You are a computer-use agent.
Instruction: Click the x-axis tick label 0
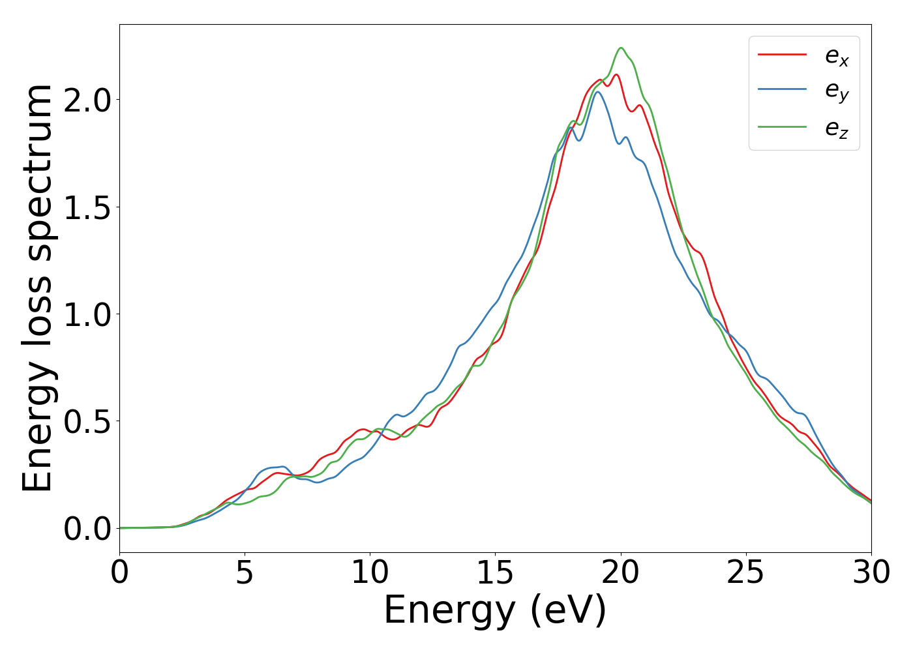pos(119,573)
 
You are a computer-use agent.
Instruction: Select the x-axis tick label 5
pos(245,573)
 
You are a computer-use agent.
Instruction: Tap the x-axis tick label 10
pos(370,573)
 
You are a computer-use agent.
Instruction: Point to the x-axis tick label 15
pos(495,573)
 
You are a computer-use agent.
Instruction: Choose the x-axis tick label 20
pos(620,573)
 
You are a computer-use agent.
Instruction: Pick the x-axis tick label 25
pos(745,573)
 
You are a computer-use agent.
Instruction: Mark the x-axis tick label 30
pos(871,573)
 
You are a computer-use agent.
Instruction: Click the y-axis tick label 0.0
pos(87,529)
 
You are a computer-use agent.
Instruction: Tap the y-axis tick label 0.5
pos(87,422)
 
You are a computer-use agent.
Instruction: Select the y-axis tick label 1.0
pos(87,314)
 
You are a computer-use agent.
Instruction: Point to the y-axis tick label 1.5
pos(87,207)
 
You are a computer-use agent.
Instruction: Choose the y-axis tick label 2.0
pos(87,100)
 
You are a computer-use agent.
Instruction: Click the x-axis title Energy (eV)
pos(495,611)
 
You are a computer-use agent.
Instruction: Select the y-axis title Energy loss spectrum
pos(38,288)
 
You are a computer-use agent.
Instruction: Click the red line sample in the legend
pos(783,55)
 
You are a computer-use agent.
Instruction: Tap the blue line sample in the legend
pos(783,91)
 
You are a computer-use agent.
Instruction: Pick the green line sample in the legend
pos(783,127)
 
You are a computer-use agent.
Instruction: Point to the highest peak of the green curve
pos(621,48)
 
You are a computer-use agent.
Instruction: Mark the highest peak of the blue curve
pos(597,91)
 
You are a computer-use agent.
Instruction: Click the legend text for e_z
pos(837,128)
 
